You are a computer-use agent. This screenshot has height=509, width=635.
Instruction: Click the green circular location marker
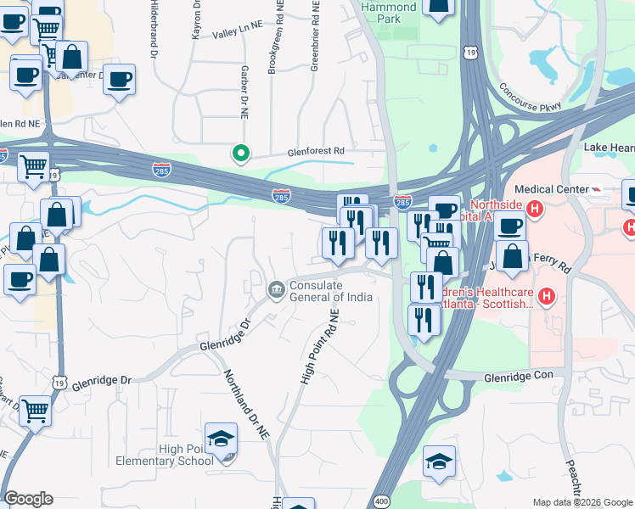coord(241,154)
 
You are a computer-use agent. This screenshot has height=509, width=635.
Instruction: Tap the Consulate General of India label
coord(330,291)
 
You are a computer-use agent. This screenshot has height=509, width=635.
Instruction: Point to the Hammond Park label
coord(389,12)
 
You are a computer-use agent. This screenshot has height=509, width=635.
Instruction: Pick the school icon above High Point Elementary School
coord(221,439)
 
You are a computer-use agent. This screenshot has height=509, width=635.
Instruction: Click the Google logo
coord(28,499)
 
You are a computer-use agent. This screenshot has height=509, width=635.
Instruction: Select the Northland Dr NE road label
coord(246,404)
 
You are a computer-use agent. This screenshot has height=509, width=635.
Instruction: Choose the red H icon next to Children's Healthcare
coord(547,296)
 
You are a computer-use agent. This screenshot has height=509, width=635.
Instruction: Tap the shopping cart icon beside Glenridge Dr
coord(35,411)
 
